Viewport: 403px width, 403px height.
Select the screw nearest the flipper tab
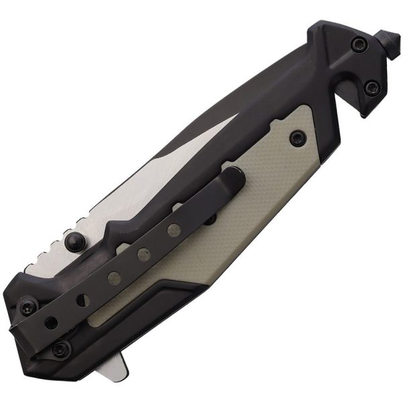click(x=61, y=348)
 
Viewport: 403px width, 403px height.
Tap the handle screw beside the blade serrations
click(x=28, y=308)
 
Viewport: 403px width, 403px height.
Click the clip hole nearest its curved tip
click(x=174, y=229)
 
